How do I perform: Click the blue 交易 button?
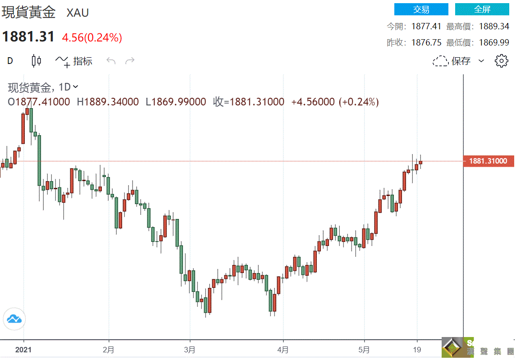click(x=421, y=9)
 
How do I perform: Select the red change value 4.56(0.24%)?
click(x=92, y=38)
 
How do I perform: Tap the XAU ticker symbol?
click(x=78, y=13)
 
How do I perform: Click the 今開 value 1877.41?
click(x=426, y=27)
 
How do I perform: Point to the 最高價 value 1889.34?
click(x=493, y=27)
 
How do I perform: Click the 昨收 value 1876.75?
click(x=426, y=43)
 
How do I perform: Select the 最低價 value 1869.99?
click(x=493, y=43)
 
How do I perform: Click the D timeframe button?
click(x=10, y=61)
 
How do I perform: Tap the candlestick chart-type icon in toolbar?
click(x=37, y=61)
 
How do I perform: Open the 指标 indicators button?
click(x=74, y=61)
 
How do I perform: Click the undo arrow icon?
click(x=111, y=61)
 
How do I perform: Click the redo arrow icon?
click(x=130, y=61)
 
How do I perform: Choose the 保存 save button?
click(x=458, y=61)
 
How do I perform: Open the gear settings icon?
click(x=502, y=61)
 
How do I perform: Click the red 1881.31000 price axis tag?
click(x=488, y=161)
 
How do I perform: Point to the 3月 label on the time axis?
click(x=190, y=350)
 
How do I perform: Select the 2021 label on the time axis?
click(x=23, y=350)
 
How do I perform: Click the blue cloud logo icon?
click(x=14, y=319)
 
